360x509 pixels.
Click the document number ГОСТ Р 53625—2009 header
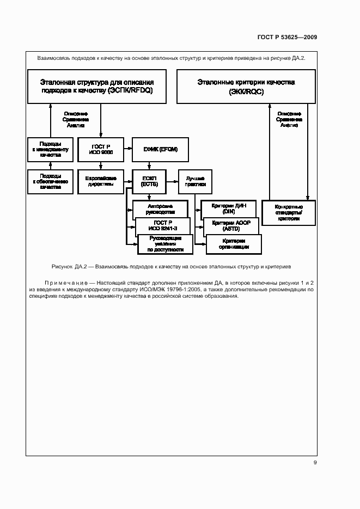pyautogui.click(x=287, y=37)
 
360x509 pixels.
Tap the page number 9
pyautogui.click(x=315, y=463)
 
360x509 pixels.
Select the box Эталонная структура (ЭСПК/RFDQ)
pyautogui.click(x=97, y=87)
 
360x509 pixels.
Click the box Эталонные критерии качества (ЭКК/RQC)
pyautogui.click(x=246, y=87)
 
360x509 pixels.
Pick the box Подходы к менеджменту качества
pyautogui.click(x=50, y=150)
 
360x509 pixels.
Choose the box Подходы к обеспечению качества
pyautogui.click(x=50, y=181)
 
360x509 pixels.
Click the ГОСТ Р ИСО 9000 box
pyautogui.click(x=100, y=150)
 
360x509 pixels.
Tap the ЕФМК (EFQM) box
pyautogui.click(x=160, y=149)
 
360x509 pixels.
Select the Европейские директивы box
pyautogui.click(x=100, y=181)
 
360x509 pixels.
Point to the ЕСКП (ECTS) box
pyautogui.click(x=149, y=181)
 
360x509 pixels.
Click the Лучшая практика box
pyautogui.click(x=196, y=181)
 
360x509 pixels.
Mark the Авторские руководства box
pyautogui.click(x=160, y=209)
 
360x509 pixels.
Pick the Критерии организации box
pyautogui.click(x=234, y=244)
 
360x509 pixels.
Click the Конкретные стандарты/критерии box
pyautogui.click(x=288, y=212)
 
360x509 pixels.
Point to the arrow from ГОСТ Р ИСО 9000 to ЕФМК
pyautogui.click(x=128, y=149)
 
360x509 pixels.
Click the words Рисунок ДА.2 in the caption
pyautogui.click(x=70, y=267)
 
